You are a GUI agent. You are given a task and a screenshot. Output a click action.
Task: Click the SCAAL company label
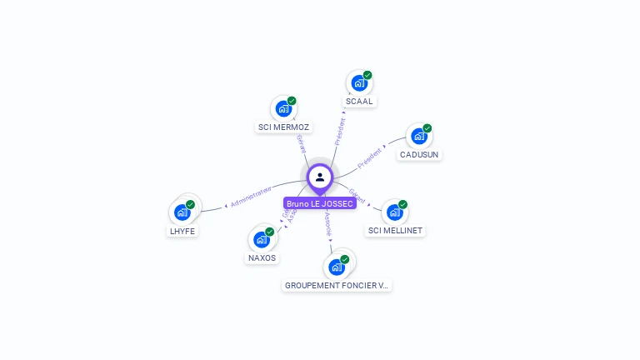359,102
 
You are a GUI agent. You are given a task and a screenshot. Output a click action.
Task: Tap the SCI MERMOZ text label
283,127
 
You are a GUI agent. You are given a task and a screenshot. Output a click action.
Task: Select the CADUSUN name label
419,155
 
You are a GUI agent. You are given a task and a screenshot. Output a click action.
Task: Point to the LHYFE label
182,231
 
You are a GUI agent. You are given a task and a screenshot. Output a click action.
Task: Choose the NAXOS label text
262,258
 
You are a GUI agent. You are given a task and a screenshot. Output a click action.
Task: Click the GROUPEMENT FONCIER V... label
337,285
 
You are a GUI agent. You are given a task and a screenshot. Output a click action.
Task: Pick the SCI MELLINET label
395,231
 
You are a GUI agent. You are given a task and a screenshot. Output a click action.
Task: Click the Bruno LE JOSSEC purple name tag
320,203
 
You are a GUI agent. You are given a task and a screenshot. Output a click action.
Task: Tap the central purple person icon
320,177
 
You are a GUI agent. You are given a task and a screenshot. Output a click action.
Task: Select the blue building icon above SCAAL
358,83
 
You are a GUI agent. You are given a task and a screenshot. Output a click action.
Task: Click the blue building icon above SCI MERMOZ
283,108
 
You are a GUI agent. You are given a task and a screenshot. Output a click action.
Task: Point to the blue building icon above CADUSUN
418,136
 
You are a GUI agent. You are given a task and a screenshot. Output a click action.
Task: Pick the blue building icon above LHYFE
182,212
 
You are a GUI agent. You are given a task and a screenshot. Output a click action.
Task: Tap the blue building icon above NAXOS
261,239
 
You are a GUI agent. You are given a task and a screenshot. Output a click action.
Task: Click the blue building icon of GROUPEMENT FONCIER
336,267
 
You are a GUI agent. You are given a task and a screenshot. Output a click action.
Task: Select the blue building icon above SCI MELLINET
394,212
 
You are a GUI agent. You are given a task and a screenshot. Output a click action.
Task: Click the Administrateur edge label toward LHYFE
252,197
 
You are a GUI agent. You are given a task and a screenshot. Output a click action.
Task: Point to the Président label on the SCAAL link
340,132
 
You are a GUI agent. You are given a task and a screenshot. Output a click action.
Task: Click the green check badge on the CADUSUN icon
427,128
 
